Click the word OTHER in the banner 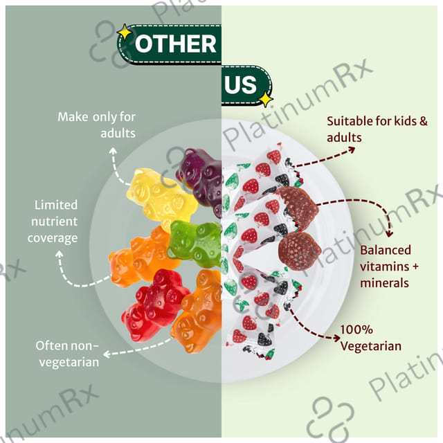175,44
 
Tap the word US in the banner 241,84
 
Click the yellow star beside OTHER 125,33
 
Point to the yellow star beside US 266,99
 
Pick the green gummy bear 195,243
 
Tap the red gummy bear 155,305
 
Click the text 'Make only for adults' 97,125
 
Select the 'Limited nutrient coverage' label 53,221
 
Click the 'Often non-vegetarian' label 68,354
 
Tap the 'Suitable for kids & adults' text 377,129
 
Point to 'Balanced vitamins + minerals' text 389,266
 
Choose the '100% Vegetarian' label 371,338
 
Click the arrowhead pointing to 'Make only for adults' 113,151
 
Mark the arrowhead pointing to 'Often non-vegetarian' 107,354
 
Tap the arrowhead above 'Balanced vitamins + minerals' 389,234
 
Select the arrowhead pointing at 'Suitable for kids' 352,150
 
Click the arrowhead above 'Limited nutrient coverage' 59,254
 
